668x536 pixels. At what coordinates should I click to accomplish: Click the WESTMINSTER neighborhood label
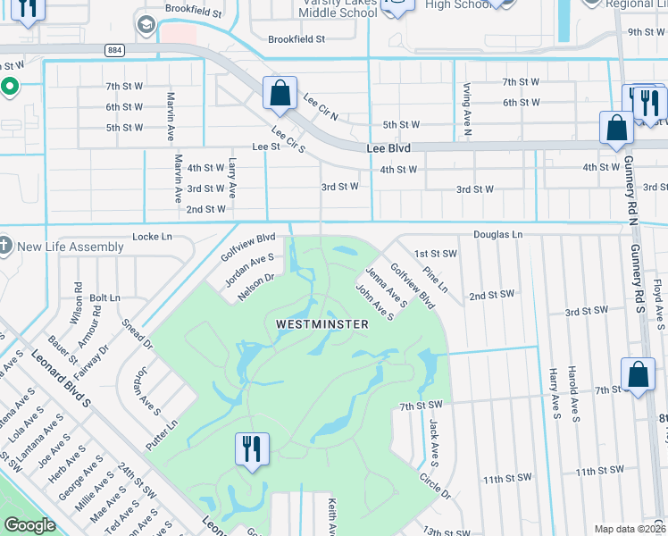[321, 324]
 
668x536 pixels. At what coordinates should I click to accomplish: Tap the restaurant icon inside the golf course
[252, 448]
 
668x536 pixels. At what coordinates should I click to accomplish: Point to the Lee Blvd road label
[388, 147]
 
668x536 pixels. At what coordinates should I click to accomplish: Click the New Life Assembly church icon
[6, 246]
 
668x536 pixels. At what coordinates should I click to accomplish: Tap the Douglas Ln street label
[497, 234]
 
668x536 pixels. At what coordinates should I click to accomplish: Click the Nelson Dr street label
[255, 288]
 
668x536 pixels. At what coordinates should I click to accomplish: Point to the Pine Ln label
[437, 280]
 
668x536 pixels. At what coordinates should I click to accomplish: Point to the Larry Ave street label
[233, 177]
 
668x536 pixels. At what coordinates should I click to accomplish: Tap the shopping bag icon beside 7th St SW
[639, 375]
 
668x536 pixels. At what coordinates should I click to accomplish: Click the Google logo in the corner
[30, 525]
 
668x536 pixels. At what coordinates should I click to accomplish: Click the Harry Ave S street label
[555, 392]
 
